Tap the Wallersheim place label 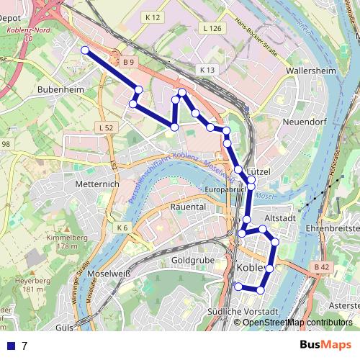tap(312, 71)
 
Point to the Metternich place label tap(96, 184)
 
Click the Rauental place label tap(188, 207)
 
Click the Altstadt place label tap(280, 217)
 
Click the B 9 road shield tap(128, 63)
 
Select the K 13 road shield tap(208, 70)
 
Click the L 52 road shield tap(104, 127)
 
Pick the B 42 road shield tap(321, 267)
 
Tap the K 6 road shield tap(122, 228)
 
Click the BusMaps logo tap(325, 345)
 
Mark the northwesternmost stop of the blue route tap(85, 50)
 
